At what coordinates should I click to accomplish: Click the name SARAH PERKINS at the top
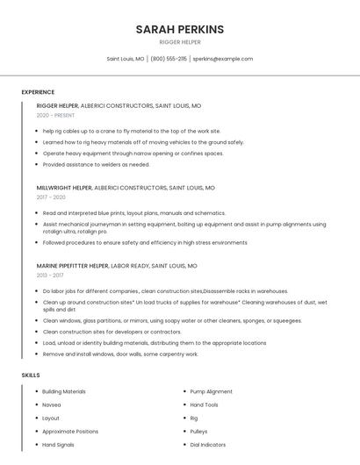pos(180,30)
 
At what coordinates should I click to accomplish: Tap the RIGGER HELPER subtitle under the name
pos(180,42)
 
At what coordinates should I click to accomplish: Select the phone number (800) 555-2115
pos(169,59)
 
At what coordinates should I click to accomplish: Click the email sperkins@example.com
pos(223,59)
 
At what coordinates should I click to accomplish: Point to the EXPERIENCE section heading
pos(38,92)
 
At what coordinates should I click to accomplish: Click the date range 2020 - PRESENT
pos(55,115)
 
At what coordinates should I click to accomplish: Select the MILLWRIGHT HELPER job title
pos(64,188)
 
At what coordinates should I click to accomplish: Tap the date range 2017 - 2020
pos(51,197)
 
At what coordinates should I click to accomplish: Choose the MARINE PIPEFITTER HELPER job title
pos(73,266)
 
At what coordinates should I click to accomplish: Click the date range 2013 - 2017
pos(50,275)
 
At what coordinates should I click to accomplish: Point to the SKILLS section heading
pos(31,376)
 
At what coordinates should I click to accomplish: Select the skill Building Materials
pos(64,391)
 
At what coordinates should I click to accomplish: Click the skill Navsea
pos(52,404)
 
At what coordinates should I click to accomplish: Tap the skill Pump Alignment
pos(211,391)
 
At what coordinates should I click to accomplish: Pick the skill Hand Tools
pos(204,404)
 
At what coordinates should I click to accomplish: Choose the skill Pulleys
pos(198,432)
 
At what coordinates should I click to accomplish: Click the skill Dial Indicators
pos(207,445)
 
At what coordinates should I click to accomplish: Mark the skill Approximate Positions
pos(70,432)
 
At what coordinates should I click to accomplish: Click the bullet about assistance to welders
pos(96,164)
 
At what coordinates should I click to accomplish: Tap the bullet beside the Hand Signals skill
pos(34,445)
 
